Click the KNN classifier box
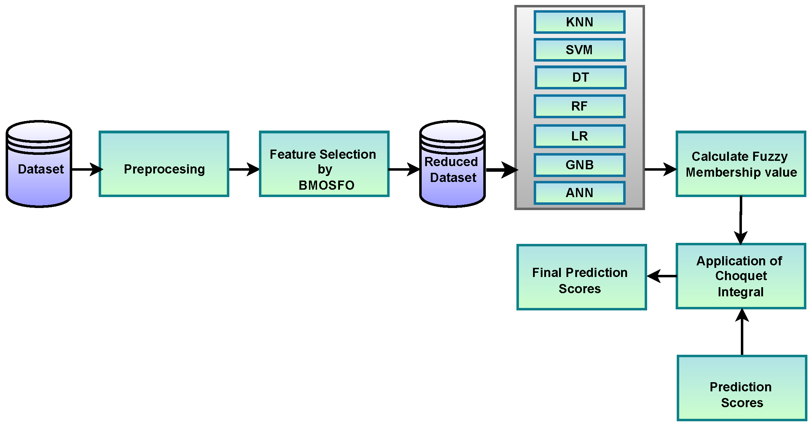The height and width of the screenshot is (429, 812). coord(579,22)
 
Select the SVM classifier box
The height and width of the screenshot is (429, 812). coord(579,50)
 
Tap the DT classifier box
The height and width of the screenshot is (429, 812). coord(580,77)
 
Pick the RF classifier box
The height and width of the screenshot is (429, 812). coord(579,106)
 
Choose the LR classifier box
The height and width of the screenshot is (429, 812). coord(579,136)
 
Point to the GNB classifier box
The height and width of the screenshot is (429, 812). coord(579,165)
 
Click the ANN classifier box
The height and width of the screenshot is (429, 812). coord(579,193)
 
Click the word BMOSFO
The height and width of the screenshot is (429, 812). coord(326,185)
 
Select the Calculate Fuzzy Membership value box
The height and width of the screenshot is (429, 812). coord(741,164)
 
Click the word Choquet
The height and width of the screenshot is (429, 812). coord(741,276)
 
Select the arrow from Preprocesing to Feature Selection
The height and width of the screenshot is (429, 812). coord(244,169)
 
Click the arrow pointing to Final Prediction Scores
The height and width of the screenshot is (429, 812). coord(662,276)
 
